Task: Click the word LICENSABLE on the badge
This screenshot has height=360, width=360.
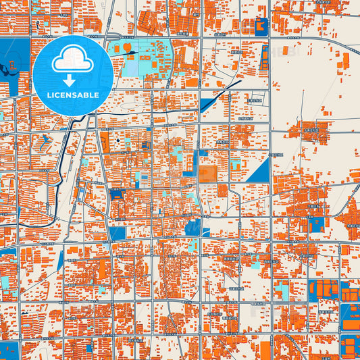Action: [74, 95]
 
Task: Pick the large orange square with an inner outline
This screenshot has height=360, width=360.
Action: [208, 174]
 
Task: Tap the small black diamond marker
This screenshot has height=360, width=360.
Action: [118, 140]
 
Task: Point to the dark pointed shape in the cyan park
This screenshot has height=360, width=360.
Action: [130, 52]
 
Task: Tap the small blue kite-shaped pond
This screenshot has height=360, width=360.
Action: [45, 141]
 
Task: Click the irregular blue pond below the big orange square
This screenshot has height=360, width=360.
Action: [193, 226]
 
